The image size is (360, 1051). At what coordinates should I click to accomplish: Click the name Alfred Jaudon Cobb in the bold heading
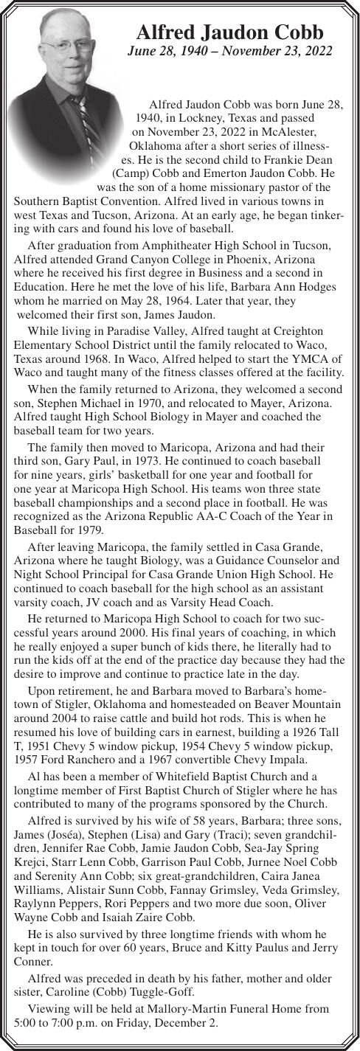[229, 33]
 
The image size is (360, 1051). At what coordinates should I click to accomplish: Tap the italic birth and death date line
[229, 52]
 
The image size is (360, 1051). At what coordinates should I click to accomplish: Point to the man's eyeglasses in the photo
[66, 46]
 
